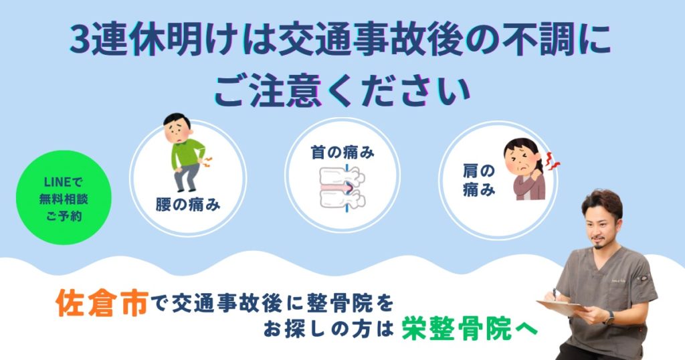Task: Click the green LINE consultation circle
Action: click(64, 197)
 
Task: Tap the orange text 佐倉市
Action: click(102, 302)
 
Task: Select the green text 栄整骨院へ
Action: click(470, 328)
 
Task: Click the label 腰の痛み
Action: click(188, 204)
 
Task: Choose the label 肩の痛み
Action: click(479, 179)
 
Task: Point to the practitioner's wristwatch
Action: click(610, 318)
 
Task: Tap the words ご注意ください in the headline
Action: click(342, 91)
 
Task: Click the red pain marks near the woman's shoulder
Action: click(553, 163)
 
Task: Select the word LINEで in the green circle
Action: click(64, 182)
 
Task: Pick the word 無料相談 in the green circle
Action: click(64, 199)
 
